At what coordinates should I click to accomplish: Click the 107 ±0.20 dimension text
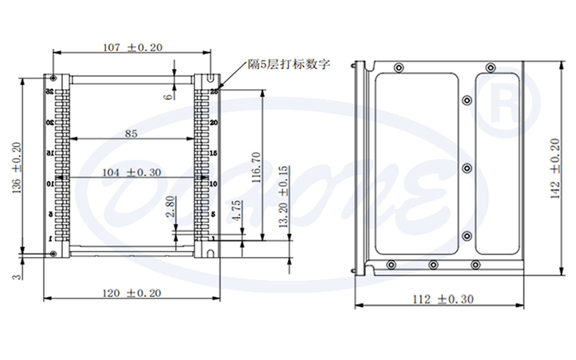click(132, 47)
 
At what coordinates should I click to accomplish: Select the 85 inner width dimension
click(131, 134)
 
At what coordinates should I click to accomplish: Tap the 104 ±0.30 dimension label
click(131, 173)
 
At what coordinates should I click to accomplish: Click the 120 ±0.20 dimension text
click(132, 292)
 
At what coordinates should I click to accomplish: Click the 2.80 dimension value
click(170, 207)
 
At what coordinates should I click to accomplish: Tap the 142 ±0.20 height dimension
click(556, 170)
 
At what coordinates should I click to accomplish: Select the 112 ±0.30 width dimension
click(443, 299)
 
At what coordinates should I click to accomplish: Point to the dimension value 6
click(167, 96)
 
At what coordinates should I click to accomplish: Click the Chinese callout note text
click(288, 64)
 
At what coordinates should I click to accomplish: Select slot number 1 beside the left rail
click(50, 240)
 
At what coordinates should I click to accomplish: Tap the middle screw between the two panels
click(466, 167)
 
